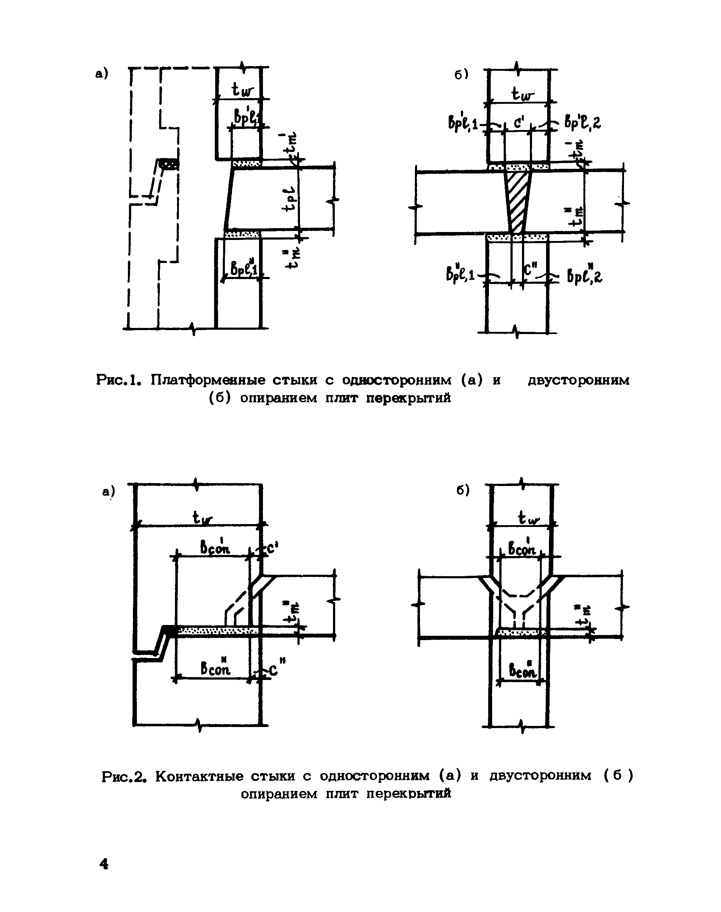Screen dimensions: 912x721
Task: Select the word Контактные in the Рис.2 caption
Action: coord(199,776)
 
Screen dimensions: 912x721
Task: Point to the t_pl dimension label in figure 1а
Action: coord(290,198)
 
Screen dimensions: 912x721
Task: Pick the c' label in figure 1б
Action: coord(518,124)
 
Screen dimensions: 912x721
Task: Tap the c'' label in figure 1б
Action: coord(529,270)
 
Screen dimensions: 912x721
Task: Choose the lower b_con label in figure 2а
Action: coord(215,668)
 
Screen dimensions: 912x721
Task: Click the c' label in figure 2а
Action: coord(272,548)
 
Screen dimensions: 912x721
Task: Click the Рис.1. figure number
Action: coord(118,380)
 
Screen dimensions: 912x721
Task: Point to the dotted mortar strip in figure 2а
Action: coord(215,630)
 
